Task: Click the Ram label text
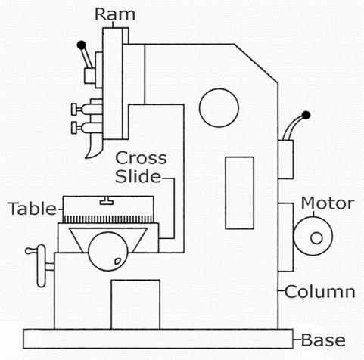[115, 14]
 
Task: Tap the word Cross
[141, 158]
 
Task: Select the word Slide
[138, 176]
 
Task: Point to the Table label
[33, 209]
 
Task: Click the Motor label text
[328, 203]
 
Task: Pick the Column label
[320, 292]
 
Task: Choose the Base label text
[323, 340]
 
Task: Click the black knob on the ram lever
[81, 45]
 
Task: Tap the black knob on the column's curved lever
[306, 115]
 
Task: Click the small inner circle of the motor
[316, 238]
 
